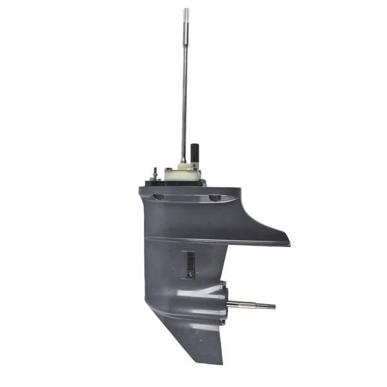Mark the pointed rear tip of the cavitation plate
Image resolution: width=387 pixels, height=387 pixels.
coord(288,244)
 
